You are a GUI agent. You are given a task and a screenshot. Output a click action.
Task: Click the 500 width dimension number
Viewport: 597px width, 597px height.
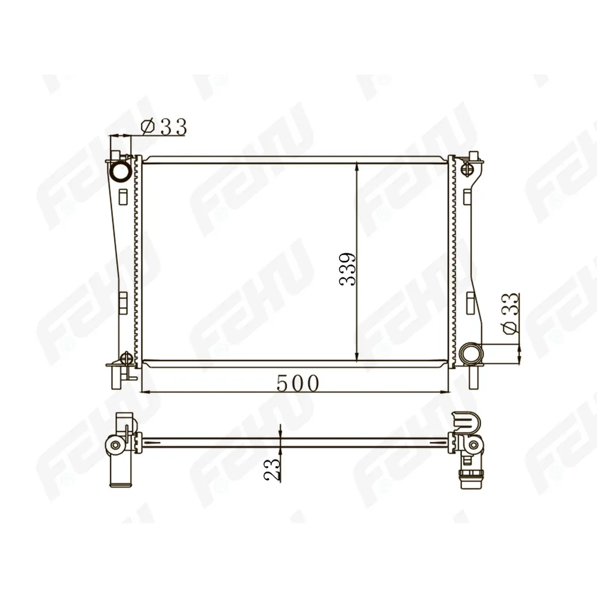click(297, 383)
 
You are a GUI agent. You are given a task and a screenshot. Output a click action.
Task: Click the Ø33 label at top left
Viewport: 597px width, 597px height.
click(164, 127)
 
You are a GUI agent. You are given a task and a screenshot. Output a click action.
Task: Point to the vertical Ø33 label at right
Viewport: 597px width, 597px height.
click(510, 314)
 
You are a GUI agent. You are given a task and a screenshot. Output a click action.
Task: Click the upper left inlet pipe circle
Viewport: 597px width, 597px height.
click(121, 172)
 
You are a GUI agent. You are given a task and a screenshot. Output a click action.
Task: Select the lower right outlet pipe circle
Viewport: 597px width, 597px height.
click(470, 353)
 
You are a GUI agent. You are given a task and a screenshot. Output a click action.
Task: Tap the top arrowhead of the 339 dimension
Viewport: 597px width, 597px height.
click(356, 167)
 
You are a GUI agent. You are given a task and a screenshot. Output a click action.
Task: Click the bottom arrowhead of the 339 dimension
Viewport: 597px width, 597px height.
click(356, 356)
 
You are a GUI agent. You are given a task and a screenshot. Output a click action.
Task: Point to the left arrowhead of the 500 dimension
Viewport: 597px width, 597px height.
click(147, 392)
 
